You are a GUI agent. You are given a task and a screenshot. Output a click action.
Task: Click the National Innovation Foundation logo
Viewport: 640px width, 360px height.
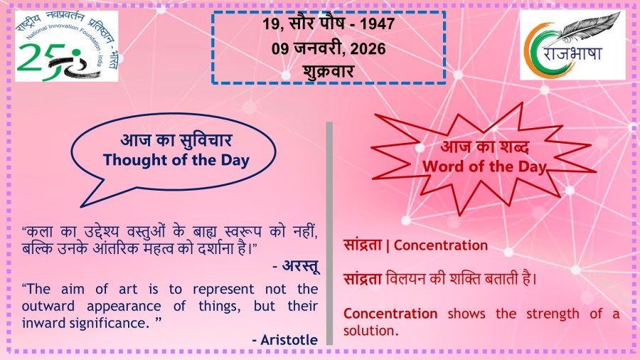(67, 46)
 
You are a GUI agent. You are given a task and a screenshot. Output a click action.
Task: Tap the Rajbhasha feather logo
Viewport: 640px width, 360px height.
(572, 45)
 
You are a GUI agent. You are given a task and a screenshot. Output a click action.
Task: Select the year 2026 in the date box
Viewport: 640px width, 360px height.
(368, 49)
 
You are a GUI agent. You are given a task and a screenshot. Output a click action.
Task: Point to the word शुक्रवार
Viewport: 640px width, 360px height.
(328, 72)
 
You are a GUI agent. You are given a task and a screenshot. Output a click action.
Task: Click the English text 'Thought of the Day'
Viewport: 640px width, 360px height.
(176, 160)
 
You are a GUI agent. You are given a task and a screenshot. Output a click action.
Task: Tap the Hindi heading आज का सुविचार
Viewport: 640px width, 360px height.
(176, 140)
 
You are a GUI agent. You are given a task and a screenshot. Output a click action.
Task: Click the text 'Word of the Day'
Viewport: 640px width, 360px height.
(484, 166)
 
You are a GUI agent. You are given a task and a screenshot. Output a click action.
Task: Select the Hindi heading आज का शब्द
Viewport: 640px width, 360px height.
(485, 147)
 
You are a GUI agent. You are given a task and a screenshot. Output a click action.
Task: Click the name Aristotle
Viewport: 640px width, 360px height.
(289, 339)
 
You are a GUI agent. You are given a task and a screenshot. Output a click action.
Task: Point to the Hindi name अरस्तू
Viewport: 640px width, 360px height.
(300, 266)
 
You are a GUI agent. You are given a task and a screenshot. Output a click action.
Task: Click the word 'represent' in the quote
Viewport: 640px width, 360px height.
(223, 290)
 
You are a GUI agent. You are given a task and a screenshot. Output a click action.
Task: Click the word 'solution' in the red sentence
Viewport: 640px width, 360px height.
(370, 331)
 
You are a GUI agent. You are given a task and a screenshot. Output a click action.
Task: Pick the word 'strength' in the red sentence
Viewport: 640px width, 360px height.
(553, 314)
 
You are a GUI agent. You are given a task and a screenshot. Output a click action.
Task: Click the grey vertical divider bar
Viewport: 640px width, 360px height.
(329, 233)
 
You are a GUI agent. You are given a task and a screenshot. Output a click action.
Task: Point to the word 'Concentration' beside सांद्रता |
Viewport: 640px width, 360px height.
(440, 245)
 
